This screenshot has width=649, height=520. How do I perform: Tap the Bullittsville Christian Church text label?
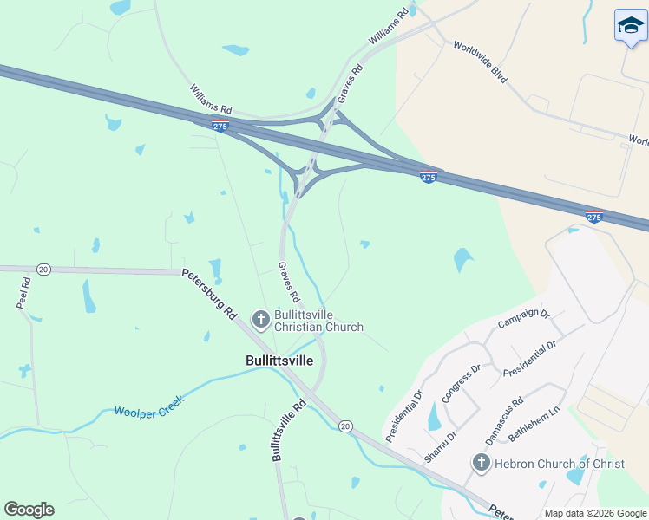pos(318,321)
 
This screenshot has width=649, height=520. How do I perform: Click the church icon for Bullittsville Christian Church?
pos(260,320)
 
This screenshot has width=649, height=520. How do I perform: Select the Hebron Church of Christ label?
pos(559,464)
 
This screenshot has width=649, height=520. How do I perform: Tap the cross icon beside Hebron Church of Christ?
pos(482,464)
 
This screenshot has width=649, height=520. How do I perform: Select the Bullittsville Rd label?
pos(288,430)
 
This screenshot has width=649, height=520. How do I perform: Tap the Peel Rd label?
pos(23,293)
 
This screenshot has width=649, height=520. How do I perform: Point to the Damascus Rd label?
pos(504,421)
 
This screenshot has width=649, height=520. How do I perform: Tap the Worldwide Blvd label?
pos(480,62)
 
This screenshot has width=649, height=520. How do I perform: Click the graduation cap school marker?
pos(631,28)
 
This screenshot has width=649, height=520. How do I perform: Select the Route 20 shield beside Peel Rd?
pos(44,270)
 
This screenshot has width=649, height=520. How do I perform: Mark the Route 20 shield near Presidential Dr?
pos(345,426)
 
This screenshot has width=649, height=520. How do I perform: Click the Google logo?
pos(29,510)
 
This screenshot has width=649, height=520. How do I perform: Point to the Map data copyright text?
pos(594,513)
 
